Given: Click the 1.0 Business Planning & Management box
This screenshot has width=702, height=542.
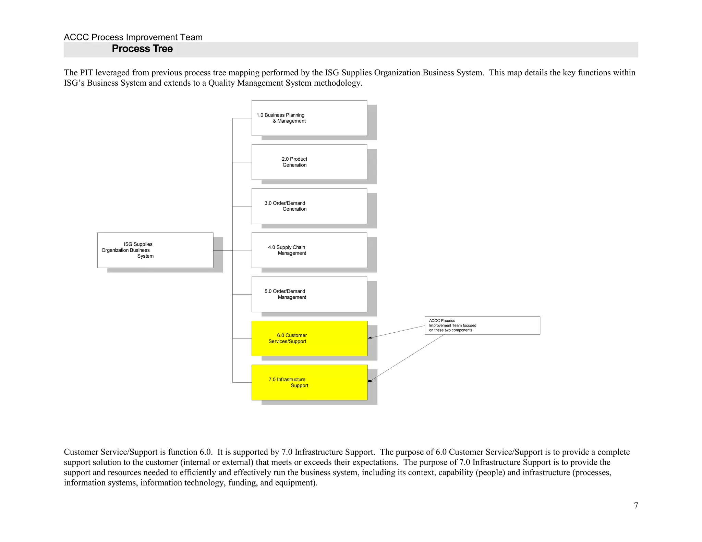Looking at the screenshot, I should point(309,118).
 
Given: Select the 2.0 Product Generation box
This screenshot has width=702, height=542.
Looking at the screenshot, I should point(309,162).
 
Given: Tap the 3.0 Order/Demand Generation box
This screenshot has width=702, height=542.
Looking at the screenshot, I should point(309,206).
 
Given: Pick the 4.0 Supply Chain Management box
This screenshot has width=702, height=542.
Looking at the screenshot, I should point(309,250).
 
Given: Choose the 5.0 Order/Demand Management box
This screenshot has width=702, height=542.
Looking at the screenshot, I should point(309,294).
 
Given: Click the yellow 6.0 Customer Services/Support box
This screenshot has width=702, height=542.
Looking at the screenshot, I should point(309,338).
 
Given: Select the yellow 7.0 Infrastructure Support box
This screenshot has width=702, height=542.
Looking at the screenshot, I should point(309,382).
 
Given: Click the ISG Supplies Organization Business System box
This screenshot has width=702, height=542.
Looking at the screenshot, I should point(155,250).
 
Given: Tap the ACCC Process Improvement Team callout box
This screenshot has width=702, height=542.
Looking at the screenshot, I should point(482,325).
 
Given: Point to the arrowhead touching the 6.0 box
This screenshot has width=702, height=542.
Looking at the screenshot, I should point(370,338).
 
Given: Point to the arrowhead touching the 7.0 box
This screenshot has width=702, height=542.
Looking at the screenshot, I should point(371,381).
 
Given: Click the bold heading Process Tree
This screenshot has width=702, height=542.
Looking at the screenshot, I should point(142,49).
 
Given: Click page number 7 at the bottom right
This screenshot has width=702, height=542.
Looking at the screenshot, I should point(636,506).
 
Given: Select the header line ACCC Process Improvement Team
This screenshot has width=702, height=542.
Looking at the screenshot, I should point(133,37).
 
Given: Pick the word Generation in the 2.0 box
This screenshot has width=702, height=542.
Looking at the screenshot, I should point(294,165).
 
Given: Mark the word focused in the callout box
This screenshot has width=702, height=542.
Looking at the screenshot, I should point(469,325).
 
